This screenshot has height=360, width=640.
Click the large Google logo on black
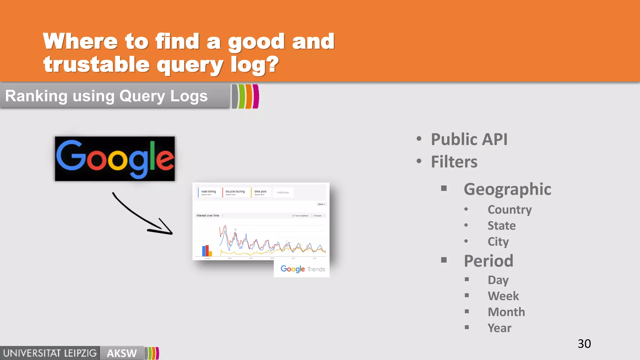coord(115,159)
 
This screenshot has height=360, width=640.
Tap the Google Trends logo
coord(302,269)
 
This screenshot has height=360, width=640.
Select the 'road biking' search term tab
coord(208,192)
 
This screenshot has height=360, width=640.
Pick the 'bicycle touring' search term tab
coord(235,192)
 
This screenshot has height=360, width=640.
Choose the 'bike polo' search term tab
coord(260,192)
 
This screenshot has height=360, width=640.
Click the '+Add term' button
coord(282,192)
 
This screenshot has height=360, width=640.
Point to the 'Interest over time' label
coord(207,216)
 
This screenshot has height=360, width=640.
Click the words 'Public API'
coord(469,139)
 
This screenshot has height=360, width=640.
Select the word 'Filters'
coord(454,162)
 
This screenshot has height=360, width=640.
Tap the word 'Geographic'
coord(507,189)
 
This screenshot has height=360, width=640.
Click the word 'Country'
coord(509,210)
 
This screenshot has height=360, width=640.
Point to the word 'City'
coord(498,242)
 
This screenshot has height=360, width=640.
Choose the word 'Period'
coord(488,261)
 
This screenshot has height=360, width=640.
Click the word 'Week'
coord(503,296)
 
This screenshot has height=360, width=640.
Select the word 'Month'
coord(506,312)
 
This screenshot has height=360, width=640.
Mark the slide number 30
coord(584,344)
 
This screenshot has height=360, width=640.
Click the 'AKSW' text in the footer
coord(122,353)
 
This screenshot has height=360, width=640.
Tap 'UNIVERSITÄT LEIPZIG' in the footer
coord(50,353)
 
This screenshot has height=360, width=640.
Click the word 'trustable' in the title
coord(97,64)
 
